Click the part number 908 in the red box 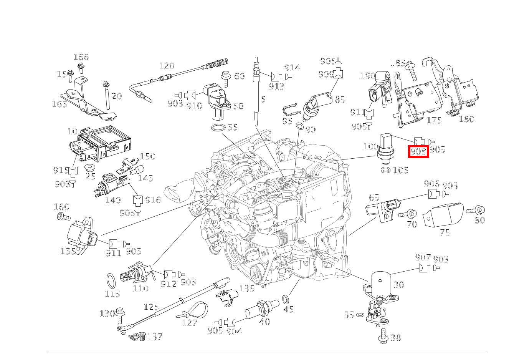click(418, 151)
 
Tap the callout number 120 click(166, 66)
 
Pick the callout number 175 click(434, 120)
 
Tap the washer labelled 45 click(286, 299)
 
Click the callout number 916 click(153, 200)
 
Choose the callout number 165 click(59, 104)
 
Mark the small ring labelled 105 click(386, 170)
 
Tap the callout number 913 click(276, 87)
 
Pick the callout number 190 click(367, 76)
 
